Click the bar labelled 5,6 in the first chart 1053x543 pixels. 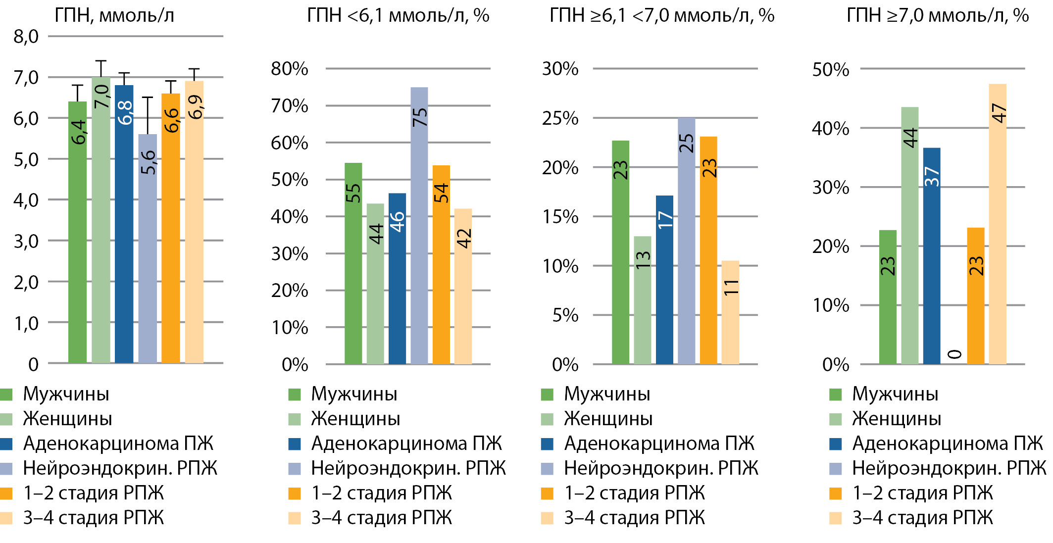[x=148, y=247]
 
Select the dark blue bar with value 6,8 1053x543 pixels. [x=124, y=223]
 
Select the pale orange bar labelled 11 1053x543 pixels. [x=730, y=312]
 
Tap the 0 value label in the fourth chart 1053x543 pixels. [x=955, y=354]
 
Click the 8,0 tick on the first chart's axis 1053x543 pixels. [x=26, y=37]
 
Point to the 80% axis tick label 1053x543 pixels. [x=290, y=69]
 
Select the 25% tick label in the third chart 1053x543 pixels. [x=560, y=118]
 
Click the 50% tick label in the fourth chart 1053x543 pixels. [x=831, y=70]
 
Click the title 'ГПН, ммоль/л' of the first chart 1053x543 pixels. [x=114, y=15]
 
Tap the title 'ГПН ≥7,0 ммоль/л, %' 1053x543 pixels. [x=938, y=15]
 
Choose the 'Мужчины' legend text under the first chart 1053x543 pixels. [x=66, y=394]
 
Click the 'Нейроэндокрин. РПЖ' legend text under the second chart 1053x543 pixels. [x=408, y=468]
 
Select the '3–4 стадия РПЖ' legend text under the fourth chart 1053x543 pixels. [x=922, y=518]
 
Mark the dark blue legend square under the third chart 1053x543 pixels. [x=547, y=444]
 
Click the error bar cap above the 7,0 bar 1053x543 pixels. [x=101, y=61]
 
